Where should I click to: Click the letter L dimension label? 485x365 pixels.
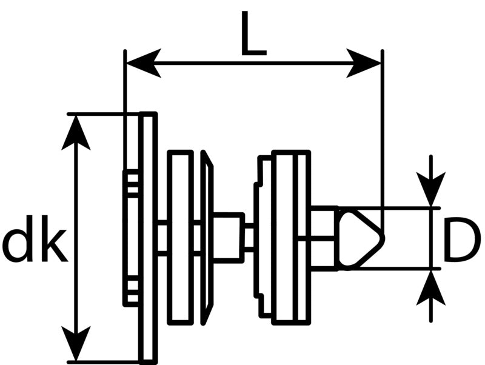point(253,33)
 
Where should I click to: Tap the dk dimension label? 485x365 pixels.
point(34,239)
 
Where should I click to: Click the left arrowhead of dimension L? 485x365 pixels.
point(143,64)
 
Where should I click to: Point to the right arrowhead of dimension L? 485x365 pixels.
point(363,64)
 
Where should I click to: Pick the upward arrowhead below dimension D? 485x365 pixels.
point(431,287)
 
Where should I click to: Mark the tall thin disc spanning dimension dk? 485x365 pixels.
point(148,238)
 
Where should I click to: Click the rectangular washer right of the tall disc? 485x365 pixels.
point(180,238)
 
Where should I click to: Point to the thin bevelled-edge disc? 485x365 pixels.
point(207,238)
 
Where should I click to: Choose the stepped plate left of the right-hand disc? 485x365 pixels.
point(264,238)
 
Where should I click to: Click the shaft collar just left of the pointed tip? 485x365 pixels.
point(324,238)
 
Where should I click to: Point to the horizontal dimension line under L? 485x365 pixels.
point(253,64)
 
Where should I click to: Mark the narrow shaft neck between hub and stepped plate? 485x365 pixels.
point(249,238)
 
